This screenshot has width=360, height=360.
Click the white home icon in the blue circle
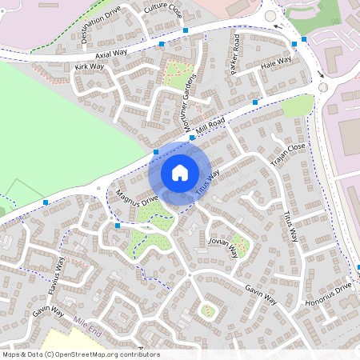180,172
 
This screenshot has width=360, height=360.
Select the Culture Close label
162,10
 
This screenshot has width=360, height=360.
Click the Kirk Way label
89,67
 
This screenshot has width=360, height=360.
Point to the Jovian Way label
222,246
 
